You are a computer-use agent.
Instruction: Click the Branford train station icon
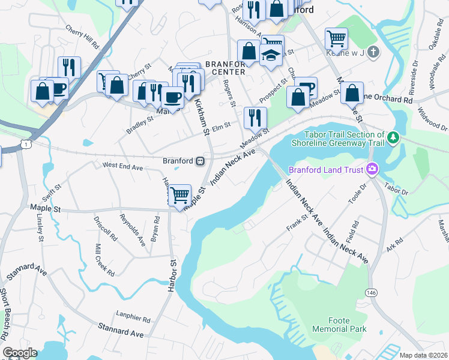(200, 161)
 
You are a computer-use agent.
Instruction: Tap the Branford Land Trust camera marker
(372, 170)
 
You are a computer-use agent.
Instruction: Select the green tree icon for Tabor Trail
(393, 139)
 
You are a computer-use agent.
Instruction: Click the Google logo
(20, 353)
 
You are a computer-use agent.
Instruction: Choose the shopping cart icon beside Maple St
(179, 195)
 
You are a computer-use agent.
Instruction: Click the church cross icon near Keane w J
(373, 52)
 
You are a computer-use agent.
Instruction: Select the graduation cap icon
(271, 56)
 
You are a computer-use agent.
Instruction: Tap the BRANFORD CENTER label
(225, 68)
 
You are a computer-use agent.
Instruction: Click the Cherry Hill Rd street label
(82, 37)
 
